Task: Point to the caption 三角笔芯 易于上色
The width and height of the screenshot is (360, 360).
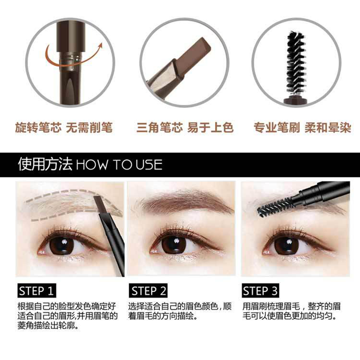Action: coord(185,128)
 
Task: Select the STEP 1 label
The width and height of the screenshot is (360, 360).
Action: coord(38,291)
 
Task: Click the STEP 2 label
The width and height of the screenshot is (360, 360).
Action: coord(149,291)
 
